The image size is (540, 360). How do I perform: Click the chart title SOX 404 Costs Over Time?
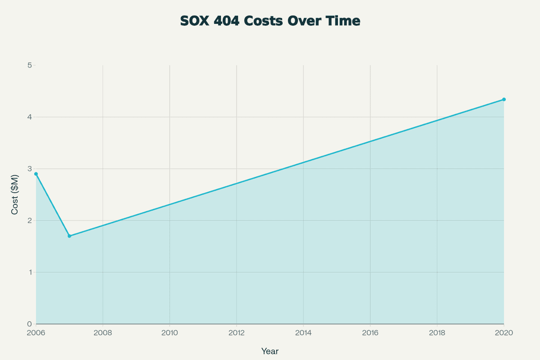pyautogui.click(x=270, y=21)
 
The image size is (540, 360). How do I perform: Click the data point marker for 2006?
pyautogui.click(x=36, y=174)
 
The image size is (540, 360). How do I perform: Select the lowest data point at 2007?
pyautogui.click(x=69, y=236)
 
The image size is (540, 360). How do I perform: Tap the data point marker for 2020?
pyautogui.click(x=504, y=99)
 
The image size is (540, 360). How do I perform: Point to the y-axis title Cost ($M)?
pyautogui.click(x=15, y=194)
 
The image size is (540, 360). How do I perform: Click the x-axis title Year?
pyautogui.click(x=270, y=351)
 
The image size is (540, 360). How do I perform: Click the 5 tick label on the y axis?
pyautogui.click(x=29, y=65)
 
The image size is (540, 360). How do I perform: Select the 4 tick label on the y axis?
pyautogui.click(x=29, y=117)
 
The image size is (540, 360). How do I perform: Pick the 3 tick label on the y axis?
pyautogui.click(x=29, y=169)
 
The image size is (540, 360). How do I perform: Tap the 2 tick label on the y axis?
pyautogui.click(x=29, y=220)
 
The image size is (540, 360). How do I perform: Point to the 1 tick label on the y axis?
pyautogui.click(x=29, y=272)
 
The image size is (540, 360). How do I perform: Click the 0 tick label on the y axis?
pyautogui.click(x=29, y=324)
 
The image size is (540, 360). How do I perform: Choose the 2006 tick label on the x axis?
pyautogui.click(x=36, y=333)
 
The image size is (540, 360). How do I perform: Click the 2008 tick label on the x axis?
pyautogui.click(x=103, y=333)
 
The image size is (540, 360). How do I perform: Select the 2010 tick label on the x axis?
pyautogui.click(x=170, y=333)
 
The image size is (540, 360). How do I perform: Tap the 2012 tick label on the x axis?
pyautogui.click(x=236, y=333)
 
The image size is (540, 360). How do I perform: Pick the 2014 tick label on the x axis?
pyautogui.click(x=303, y=333)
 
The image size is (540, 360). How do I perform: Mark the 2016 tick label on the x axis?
pyautogui.click(x=370, y=333)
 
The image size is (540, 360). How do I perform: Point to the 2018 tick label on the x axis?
pyautogui.click(x=437, y=333)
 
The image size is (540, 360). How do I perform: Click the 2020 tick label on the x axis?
pyautogui.click(x=504, y=333)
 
